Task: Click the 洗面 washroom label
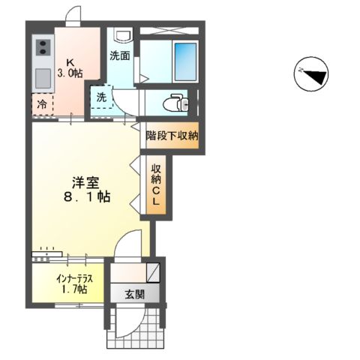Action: pos(119,55)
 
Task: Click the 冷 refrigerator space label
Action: pos(42,104)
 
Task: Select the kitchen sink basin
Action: pos(42,76)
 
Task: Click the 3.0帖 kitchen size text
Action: pos(70,73)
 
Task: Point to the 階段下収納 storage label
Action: pos(172,136)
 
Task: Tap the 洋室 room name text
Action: pos(86,182)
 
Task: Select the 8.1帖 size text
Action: pos(86,198)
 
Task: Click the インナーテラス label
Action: pos(73,278)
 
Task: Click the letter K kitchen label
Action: pos(70,61)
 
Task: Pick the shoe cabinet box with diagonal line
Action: pos(153,271)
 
